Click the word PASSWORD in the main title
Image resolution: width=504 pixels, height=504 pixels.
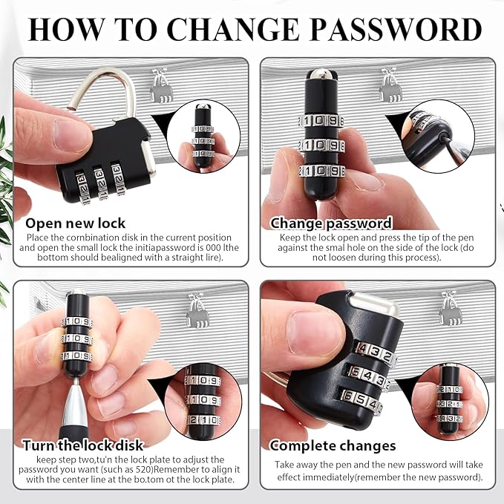click(x=396, y=29)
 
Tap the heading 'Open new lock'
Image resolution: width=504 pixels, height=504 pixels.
click(x=75, y=223)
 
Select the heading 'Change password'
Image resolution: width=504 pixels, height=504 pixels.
click(x=331, y=223)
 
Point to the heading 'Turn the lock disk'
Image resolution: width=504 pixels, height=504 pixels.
click(x=83, y=445)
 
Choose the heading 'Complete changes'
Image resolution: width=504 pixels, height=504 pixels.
click(x=333, y=446)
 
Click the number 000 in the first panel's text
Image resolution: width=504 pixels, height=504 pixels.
click(x=214, y=247)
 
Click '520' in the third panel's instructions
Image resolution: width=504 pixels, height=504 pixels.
click(x=144, y=469)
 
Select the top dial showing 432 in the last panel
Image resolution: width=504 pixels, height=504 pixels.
click(x=374, y=353)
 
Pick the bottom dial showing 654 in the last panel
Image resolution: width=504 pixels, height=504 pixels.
click(x=361, y=400)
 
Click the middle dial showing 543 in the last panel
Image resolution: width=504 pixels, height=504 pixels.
click(x=369, y=377)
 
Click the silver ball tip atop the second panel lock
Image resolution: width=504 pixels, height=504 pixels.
click(x=321, y=74)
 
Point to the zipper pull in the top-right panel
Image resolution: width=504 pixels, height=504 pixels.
click(x=388, y=85)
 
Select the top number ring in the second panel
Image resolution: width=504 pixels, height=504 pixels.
click(x=321, y=121)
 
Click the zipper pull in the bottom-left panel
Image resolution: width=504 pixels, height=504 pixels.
click(x=198, y=310)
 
